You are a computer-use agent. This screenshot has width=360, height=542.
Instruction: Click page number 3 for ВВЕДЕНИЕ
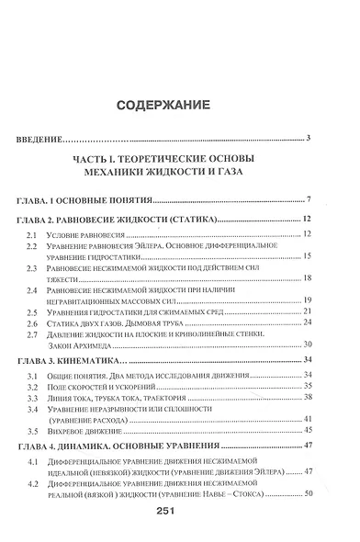309,138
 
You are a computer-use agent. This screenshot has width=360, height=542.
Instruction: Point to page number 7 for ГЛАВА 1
310,198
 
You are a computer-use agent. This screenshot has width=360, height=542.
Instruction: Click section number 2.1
31,237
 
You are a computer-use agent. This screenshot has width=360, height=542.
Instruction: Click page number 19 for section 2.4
308,300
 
